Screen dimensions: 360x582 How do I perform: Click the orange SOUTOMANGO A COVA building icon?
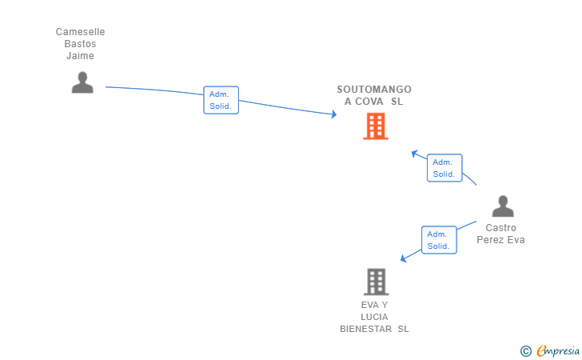(x=376, y=126)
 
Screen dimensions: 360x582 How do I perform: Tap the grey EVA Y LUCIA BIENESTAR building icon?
(x=376, y=282)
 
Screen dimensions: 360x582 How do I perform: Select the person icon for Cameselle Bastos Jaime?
(x=82, y=82)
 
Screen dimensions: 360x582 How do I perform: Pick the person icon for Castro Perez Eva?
(x=502, y=206)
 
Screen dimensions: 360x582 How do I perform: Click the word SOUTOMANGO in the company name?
(x=374, y=90)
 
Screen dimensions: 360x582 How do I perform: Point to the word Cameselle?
(x=80, y=32)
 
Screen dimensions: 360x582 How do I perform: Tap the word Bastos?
(x=80, y=44)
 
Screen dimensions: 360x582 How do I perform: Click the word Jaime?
(x=80, y=56)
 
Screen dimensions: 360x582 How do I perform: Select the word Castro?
(x=501, y=228)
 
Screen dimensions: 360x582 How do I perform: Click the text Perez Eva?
(x=501, y=240)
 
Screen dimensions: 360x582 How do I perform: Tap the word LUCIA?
(x=374, y=317)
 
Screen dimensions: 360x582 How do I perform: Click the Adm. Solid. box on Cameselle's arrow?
(x=221, y=100)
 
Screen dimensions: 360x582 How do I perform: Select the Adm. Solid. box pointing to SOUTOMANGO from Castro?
(x=444, y=168)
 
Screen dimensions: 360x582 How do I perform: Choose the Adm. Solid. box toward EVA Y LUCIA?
(x=438, y=240)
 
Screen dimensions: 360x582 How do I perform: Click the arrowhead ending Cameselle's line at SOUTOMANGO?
(x=333, y=114)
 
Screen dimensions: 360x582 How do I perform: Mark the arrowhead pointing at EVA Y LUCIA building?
(x=404, y=258)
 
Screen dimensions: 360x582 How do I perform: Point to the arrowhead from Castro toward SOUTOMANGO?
(x=414, y=152)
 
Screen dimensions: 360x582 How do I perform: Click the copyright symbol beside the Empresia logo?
(x=525, y=350)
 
